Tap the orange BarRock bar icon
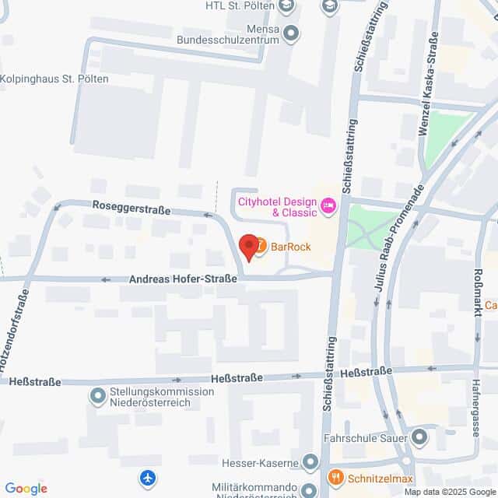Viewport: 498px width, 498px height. [x=260, y=246]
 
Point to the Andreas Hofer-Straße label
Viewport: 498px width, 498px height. [x=183, y=278]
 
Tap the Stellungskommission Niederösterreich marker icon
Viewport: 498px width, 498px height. [x=98, y=398]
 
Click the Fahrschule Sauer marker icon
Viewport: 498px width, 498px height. [x=419, y=437]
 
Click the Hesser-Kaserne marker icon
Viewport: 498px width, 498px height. [x=310, y=464]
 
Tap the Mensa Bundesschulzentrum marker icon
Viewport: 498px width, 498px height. [x=292, y=33]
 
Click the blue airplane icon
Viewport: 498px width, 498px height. [x=149, y=476]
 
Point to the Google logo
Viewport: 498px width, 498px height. [x=26, y=488]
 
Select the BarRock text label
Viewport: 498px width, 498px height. [x=291, y=247]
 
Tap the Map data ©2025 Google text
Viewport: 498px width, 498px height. [x=450, y=492]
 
